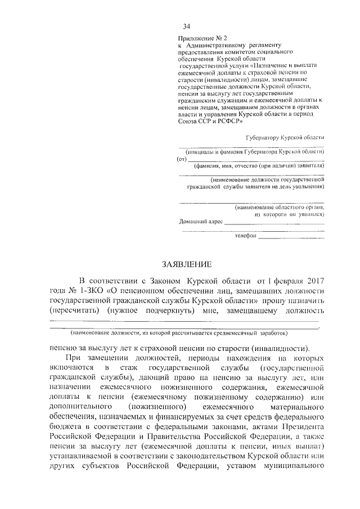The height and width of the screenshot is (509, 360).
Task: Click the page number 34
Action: [186, 27]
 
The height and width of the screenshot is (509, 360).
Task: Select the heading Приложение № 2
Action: [200, 38]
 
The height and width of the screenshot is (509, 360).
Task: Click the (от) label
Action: [181, 159]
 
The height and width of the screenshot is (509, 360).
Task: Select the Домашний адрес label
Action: [200, 222]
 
